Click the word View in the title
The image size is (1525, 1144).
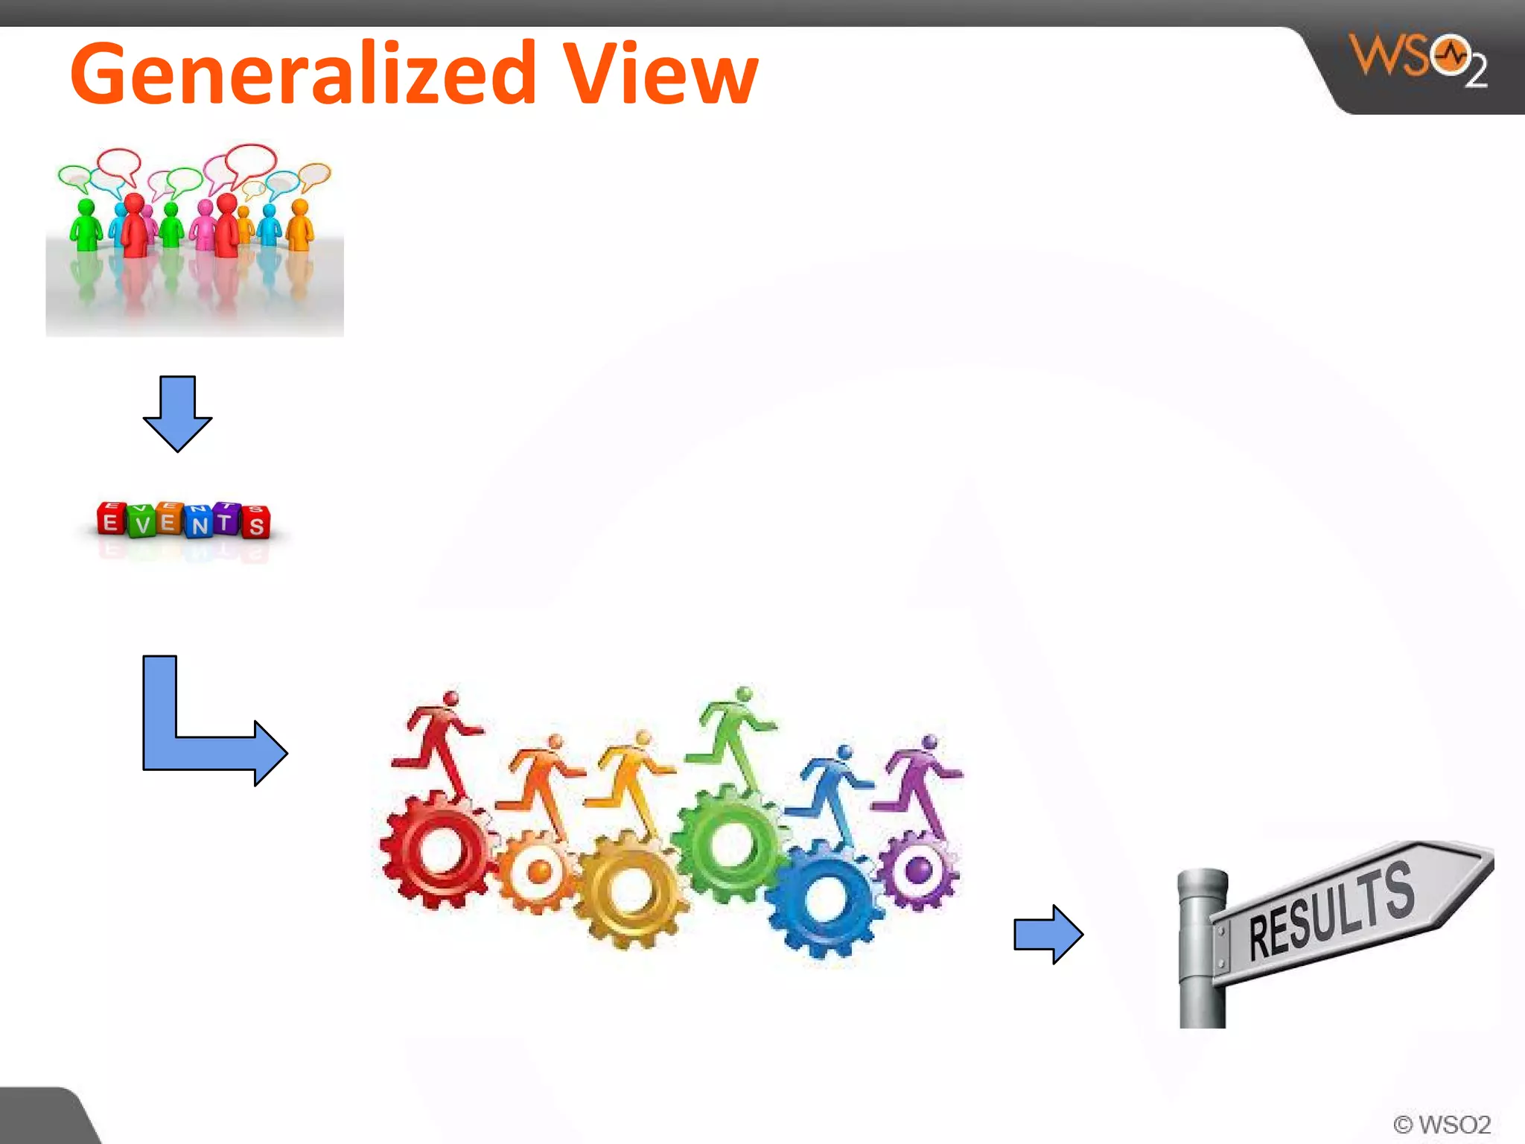[660, 74]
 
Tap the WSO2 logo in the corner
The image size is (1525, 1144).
[1418, 60]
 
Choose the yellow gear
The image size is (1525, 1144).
[630, 889]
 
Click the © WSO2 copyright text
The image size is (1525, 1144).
[1442, 1124]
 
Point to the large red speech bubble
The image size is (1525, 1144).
[250, 162]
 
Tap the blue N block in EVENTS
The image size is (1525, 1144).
[200, 521]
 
